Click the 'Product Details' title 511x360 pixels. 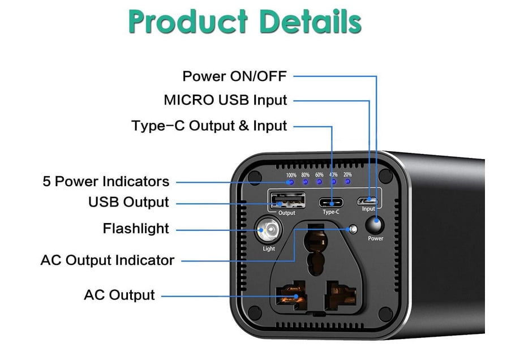244,22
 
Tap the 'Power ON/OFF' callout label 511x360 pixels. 234,76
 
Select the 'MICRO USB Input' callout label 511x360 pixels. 225,100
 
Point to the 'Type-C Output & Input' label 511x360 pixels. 209,126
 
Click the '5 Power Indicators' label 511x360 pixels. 106,181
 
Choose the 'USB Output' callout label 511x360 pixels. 128,202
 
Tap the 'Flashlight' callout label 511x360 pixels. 136,228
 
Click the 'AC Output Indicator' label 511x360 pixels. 107,260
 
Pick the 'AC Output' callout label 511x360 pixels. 119,295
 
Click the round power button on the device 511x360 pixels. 375,225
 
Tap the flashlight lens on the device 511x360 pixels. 268,230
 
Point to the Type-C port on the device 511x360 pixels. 331,203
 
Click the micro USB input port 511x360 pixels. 367,200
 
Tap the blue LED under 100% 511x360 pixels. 291,182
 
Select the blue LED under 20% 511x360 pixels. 347,181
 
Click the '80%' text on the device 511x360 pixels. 306,175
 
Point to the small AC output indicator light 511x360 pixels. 353,230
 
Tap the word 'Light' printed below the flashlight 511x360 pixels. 269,248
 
